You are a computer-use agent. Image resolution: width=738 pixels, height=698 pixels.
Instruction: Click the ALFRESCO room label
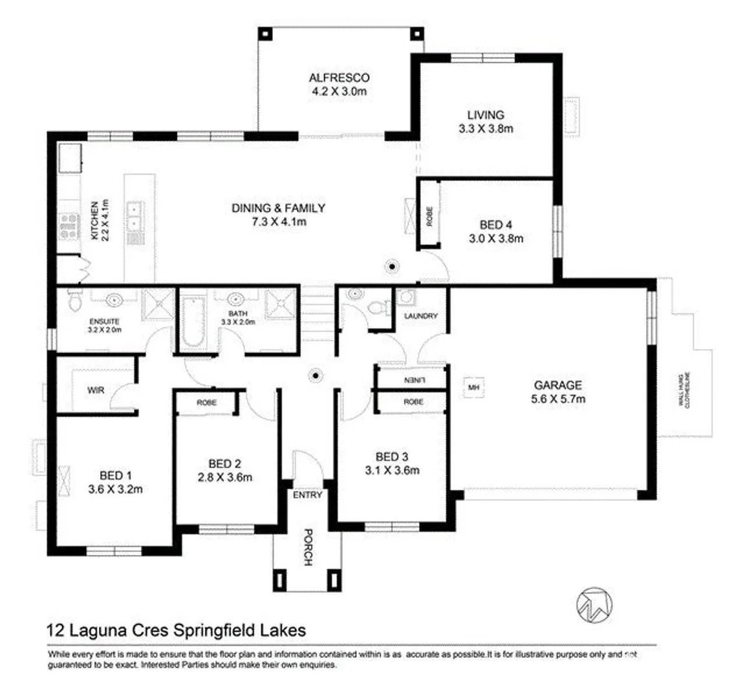click(338, 79)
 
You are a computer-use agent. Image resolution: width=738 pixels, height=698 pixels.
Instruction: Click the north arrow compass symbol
click(592, 604)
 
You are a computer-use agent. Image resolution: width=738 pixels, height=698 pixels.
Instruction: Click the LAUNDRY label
click(420, 316)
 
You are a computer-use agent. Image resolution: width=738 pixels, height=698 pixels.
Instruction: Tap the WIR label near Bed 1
click(96, 390)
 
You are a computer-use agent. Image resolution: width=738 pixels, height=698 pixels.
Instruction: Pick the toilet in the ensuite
click(73, 301)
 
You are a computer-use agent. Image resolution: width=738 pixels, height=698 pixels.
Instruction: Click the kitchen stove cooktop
click(69, 226)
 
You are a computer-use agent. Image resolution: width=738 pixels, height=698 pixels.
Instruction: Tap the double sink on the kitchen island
click(136, 217)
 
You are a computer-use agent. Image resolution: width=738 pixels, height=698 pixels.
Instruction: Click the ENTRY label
click(307, 495)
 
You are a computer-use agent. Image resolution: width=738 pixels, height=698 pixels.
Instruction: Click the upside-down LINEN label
click(413, 379)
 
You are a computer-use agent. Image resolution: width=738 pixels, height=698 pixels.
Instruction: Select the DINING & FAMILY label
click(278, 208)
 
